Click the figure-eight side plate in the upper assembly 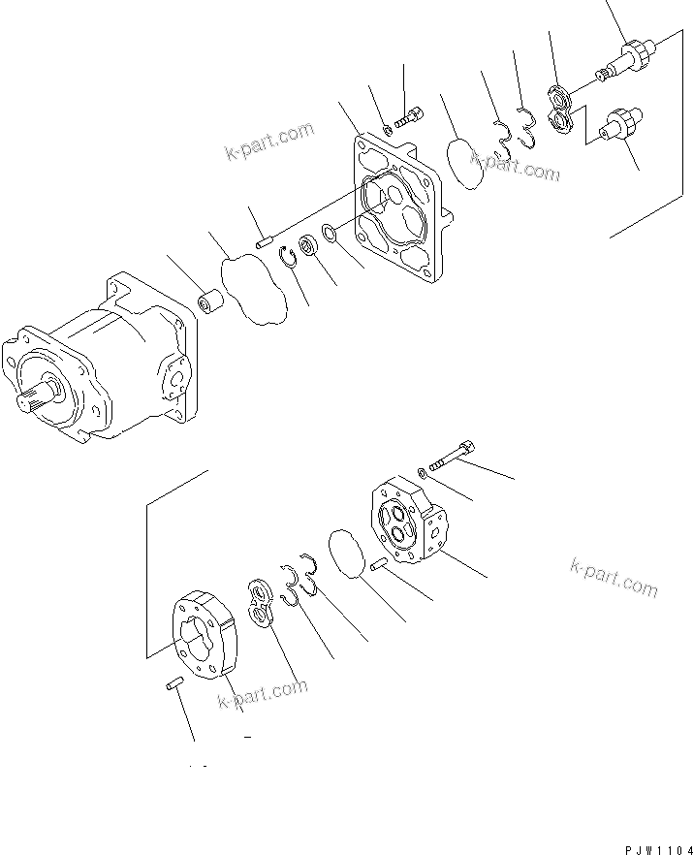pos(559,108)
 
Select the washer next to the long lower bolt pos(425,472)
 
